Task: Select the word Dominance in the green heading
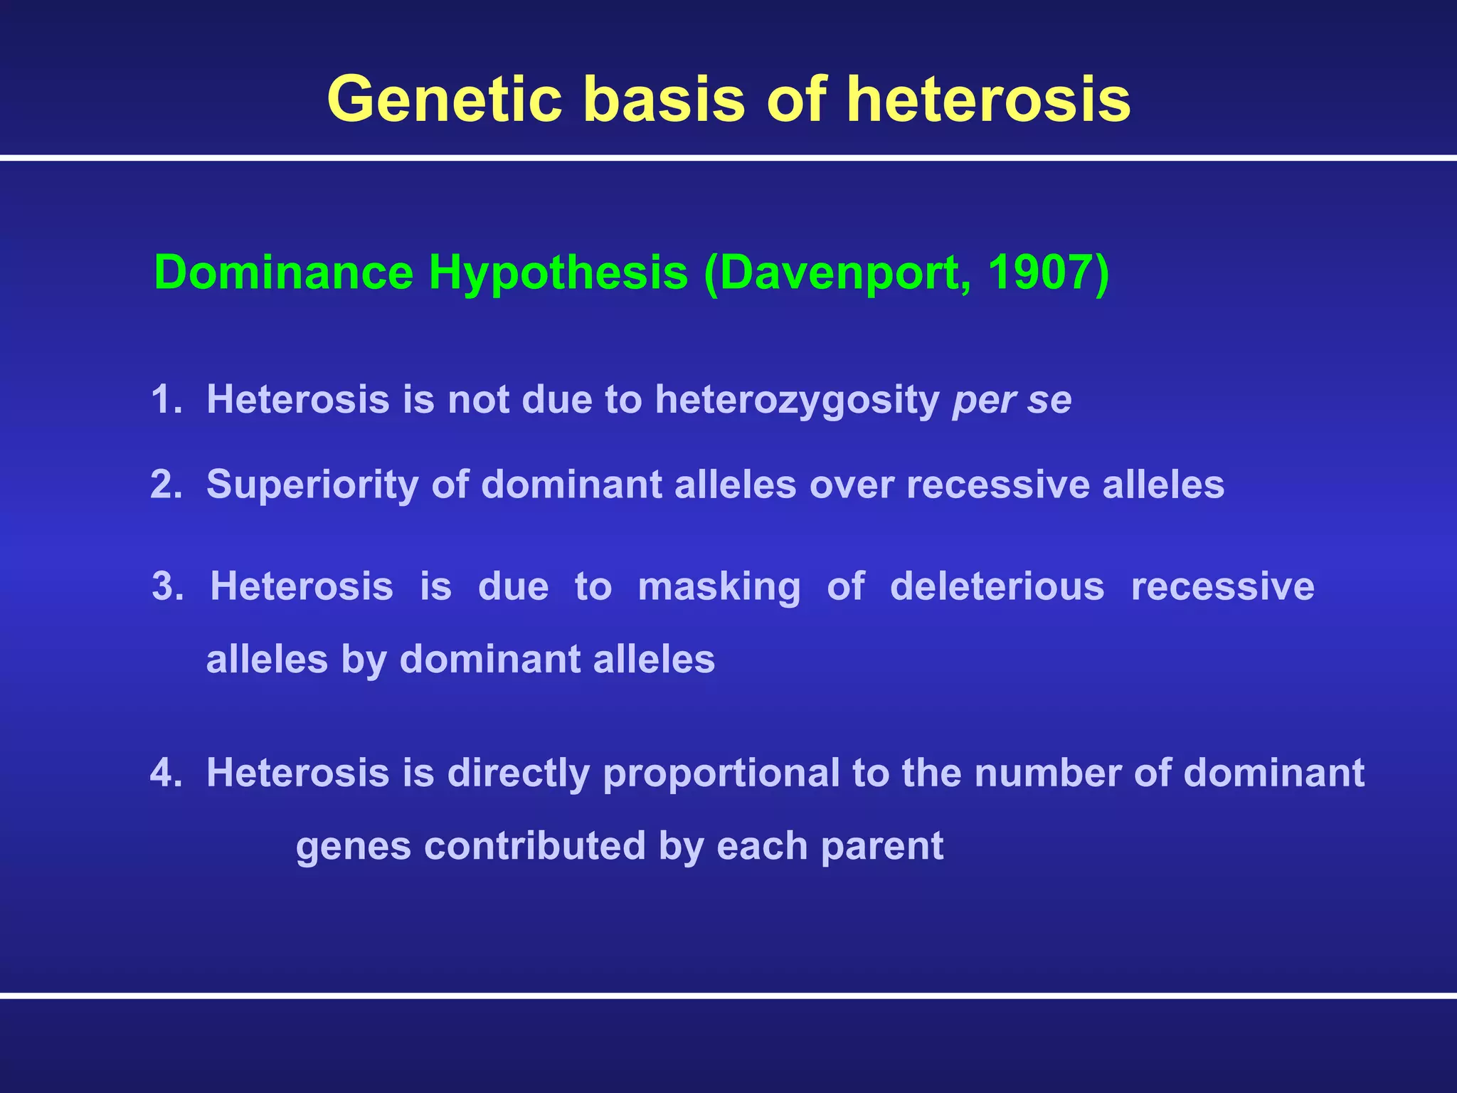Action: (283, 272)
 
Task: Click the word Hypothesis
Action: (558, 272)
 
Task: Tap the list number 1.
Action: (164, 399)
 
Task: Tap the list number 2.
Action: (166, 485)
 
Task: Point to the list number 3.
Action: (167, 587)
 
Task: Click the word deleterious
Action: (997, 587)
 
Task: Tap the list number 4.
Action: (166, 773)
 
